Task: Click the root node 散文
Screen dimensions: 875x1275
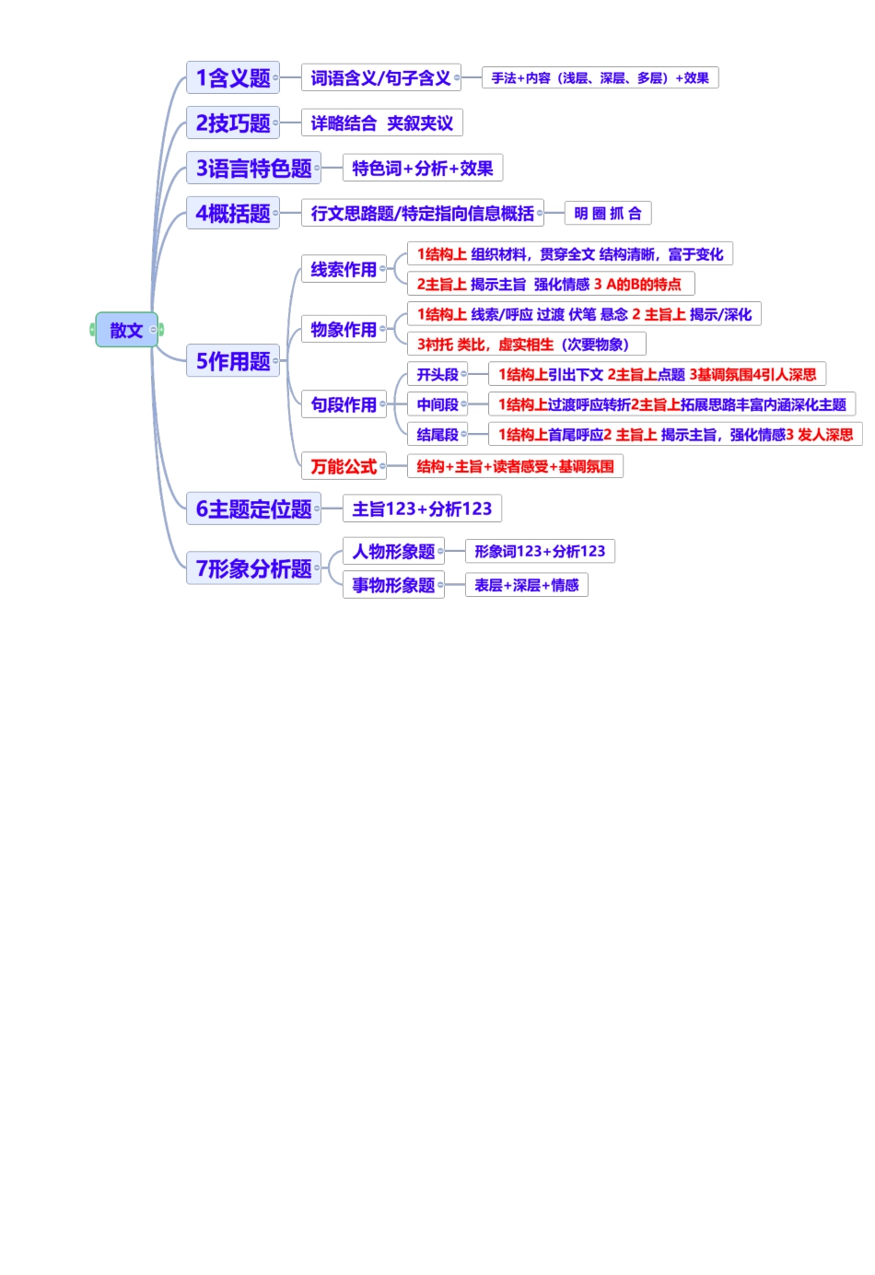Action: click(126, 330)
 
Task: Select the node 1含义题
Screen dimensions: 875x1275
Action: click(232, 78)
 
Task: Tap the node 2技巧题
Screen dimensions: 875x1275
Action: click(232, 123)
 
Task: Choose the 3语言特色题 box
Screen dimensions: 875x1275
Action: click(253, 169)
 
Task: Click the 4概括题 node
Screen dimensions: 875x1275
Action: click(232, 214)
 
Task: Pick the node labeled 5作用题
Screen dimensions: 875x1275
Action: click(232, 361)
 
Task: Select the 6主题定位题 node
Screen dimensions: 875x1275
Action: click(253, 509)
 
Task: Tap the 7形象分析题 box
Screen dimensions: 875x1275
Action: click(253, 568)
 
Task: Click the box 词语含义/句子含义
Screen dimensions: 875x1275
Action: click(380, 78)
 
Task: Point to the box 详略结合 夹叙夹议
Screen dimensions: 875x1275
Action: click(381, 123)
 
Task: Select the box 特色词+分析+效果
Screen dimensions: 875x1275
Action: click(422, 169)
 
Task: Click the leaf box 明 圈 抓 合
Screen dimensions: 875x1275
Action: click(607, 214)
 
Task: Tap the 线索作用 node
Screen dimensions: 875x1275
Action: click(343, 269)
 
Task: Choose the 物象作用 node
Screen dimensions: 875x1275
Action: click(343, 329)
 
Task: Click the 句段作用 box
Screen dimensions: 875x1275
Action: click(343, 404)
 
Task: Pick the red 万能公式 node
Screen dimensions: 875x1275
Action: click(343, 466)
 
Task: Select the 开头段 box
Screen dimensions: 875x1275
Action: click(437, 375)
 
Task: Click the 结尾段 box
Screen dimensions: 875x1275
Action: click(437, 435)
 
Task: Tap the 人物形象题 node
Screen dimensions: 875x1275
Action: click(393, 552)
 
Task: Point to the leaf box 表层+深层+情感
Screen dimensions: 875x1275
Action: click(526, 585)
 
